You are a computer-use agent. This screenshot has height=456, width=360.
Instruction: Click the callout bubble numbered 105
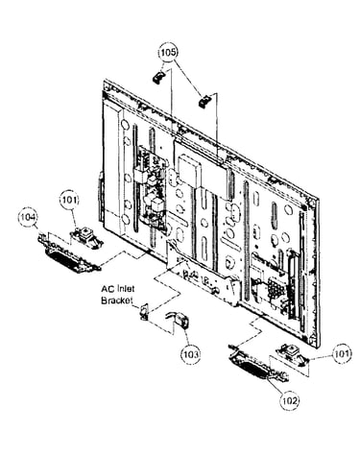[168, 52]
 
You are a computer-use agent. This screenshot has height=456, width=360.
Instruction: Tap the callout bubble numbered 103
[191, 354]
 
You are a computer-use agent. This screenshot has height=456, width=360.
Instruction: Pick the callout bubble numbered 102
[290, 400]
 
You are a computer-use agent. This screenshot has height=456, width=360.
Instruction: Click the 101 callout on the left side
[69, 201]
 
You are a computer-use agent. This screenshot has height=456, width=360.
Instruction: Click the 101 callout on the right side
[342, 354]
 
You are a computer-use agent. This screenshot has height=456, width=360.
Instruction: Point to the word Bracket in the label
[117, 300]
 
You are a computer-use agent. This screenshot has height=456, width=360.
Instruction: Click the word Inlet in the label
[125, 289]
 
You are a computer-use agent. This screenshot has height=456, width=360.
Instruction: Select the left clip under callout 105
[157, 77]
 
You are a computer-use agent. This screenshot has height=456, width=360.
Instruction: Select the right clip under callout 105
[204, 101]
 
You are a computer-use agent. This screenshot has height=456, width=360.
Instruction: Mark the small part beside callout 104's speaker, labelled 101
[87, 237]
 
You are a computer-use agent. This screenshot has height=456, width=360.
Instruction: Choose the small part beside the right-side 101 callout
[292, 353]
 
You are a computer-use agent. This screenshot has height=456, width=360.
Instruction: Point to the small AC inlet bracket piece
[143, 311]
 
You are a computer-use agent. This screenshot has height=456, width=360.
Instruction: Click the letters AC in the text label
[107, 289]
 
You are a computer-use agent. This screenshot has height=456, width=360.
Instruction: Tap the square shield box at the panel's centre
[190, 170]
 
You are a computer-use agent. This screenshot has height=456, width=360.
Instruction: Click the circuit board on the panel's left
[150, 185]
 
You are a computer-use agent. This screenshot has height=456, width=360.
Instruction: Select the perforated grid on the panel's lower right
[276, 287]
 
